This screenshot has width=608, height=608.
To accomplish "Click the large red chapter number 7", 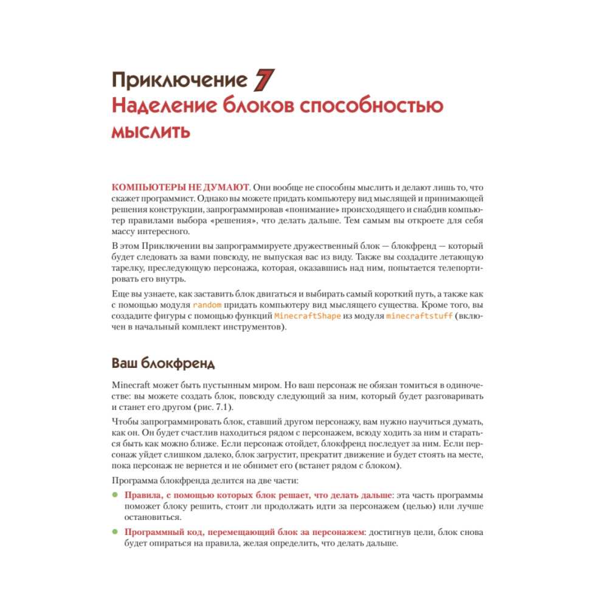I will [264, 80].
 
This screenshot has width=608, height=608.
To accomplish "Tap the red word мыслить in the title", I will [150, 131].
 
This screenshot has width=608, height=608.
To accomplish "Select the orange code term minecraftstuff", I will [420, 317].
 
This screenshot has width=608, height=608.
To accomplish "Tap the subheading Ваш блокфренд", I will [163, 364].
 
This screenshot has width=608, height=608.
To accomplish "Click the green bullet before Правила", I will [115, 495].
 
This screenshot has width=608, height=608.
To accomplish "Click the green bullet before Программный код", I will [115, 532].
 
